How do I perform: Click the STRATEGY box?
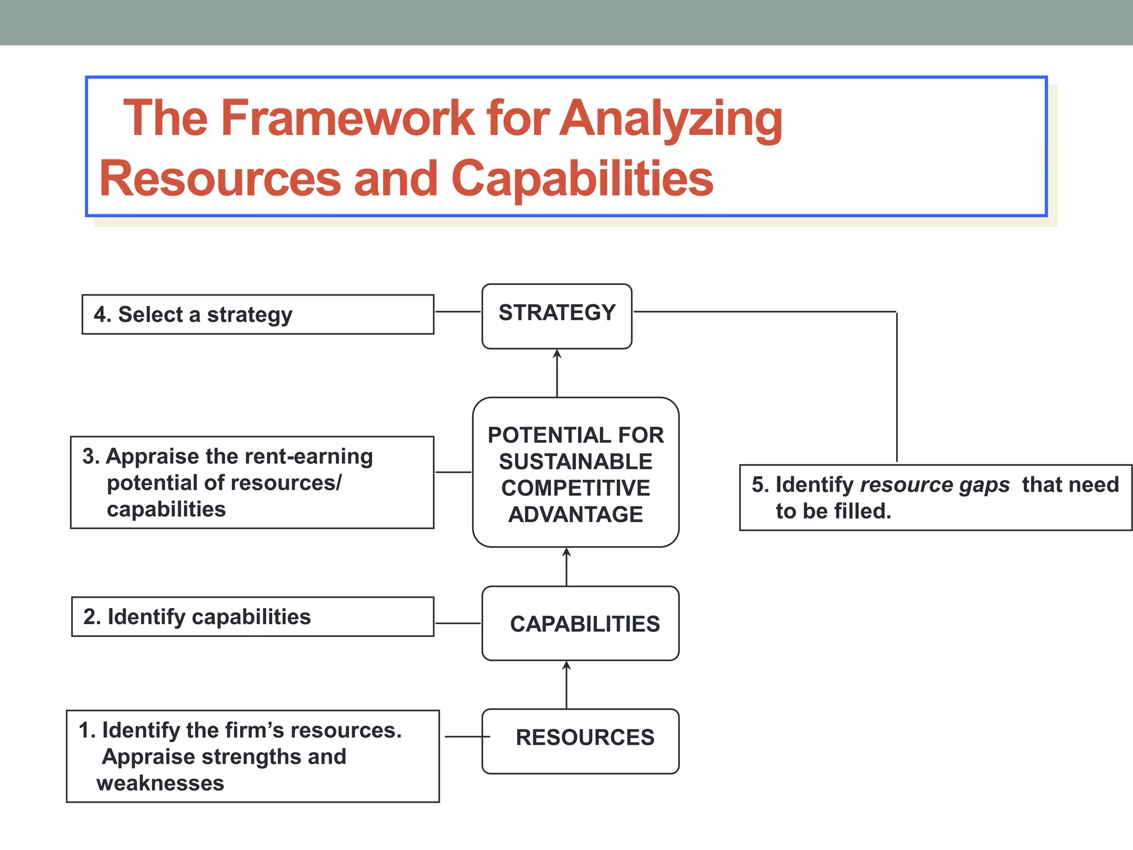coord(557,316)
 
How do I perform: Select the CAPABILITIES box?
coord(580,623)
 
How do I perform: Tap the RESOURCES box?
coord(580,740)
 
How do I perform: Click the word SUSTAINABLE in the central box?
coord(575,462)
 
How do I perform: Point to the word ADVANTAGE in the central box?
coord(575,515)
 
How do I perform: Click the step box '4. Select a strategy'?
coord(258,314)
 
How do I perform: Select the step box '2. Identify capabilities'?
coord(252,616)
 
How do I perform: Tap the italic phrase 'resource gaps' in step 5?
coord(935,485)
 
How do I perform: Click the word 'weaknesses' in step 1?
coord(160,783)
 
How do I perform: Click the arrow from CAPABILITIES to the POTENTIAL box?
coord(566,567)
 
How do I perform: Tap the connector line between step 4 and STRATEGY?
coord(458,312)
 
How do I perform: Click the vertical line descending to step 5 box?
coord(896,387)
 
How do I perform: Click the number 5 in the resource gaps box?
coord(757,485)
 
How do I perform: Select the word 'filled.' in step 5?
coord(862,511)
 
